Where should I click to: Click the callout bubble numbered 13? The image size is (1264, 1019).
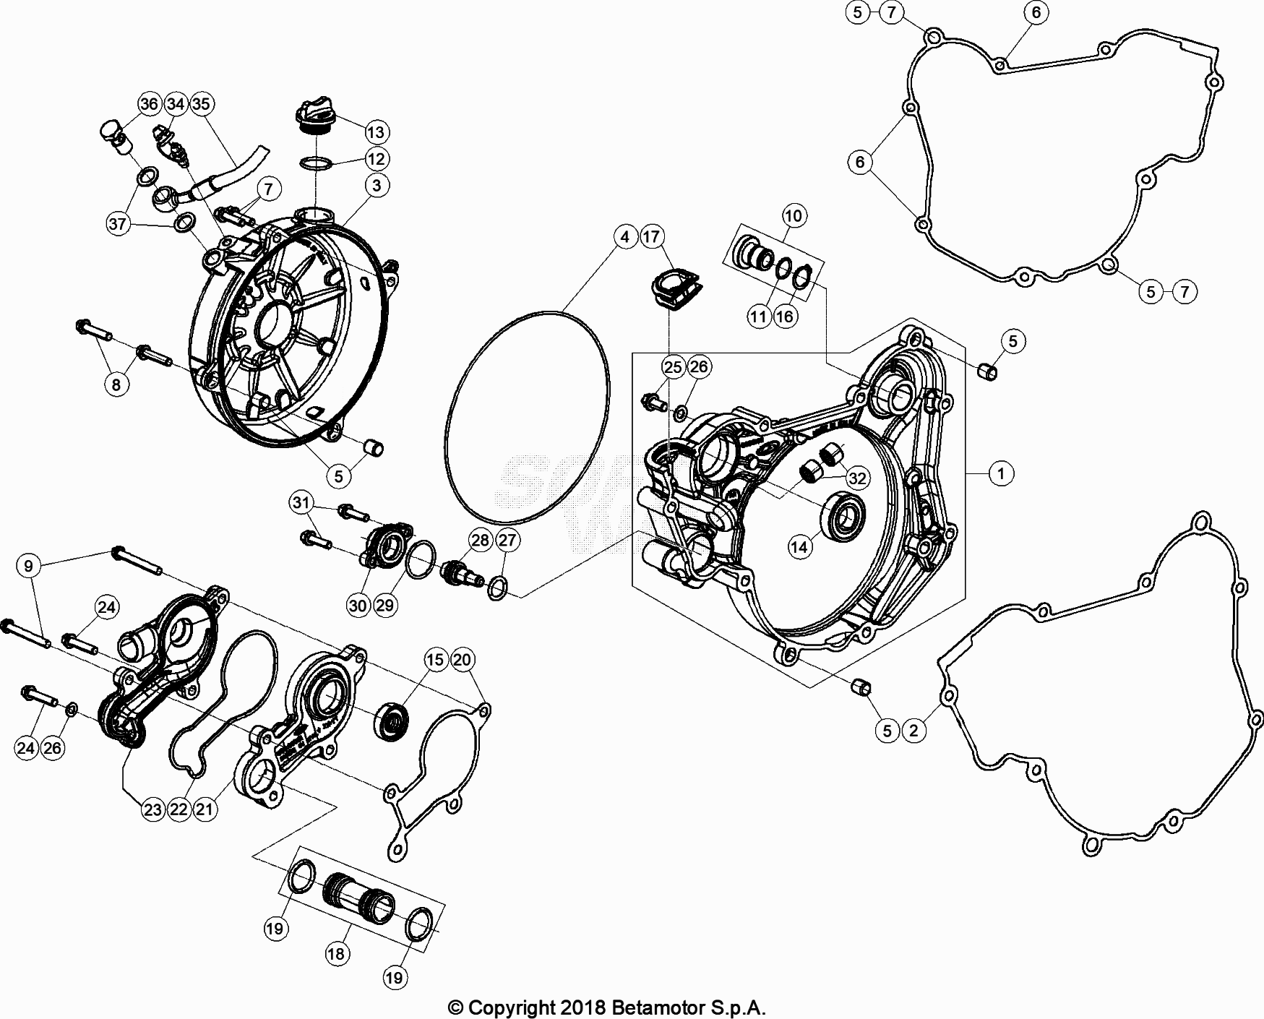coord(376,132)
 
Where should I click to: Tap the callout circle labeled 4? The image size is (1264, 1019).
coord(625,236)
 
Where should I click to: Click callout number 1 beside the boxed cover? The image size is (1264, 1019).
coord(1001,474)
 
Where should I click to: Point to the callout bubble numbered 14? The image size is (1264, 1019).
coord(799,547)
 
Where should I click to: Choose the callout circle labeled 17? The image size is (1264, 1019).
coord(652,236)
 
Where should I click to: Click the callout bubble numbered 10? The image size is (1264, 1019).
coord(794,215)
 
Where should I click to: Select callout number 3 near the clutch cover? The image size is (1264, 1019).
coord(377,186)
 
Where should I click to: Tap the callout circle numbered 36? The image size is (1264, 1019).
coord(149,104)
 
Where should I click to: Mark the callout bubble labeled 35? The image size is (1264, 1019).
coord(201,104)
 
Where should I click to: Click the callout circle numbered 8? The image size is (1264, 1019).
coord(116,384)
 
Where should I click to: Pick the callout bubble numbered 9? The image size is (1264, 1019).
coord(29,566)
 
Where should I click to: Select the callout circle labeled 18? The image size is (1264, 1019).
coord(336,954)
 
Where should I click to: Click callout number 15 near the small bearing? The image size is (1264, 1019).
coord(435,659)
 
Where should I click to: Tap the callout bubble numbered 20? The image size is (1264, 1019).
coord(463,659)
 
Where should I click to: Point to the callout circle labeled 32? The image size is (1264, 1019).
coord(857,478)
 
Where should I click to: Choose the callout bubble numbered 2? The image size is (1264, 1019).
coord(913,730)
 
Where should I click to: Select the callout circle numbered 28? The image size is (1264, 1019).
coord(481,540)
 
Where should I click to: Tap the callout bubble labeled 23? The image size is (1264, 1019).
coord(152,809)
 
